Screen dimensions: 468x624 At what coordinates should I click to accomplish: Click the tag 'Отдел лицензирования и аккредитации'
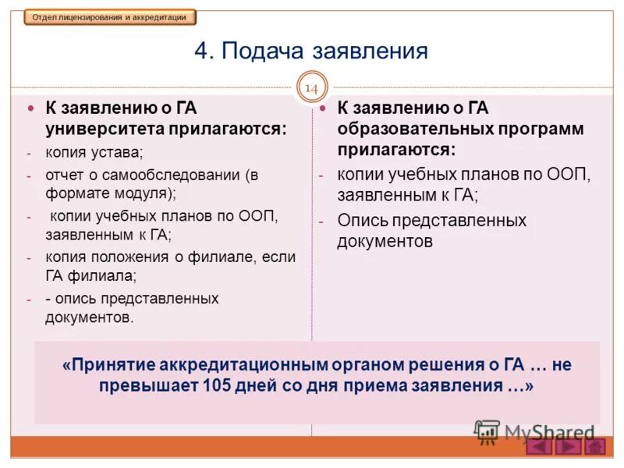pos(110,17)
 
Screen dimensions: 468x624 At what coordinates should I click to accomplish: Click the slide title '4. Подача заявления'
pos(311,51)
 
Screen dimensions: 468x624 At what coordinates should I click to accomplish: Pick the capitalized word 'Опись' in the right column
pos(360,221)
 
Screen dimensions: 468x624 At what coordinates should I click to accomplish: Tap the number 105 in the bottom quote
pos(218,385)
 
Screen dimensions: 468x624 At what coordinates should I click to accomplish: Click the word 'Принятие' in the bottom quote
pos(109,364)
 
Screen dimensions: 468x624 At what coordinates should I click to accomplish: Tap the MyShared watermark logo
pos(535,432)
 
